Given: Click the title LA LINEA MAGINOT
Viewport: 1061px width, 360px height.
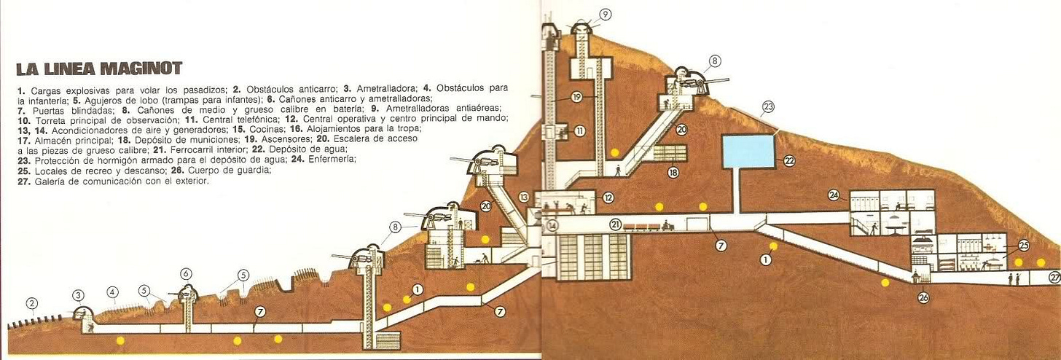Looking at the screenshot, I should click(99, 69).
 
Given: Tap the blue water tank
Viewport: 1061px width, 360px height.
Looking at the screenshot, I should click(748, 151).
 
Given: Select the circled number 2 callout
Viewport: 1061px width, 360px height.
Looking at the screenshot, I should click(31, 303).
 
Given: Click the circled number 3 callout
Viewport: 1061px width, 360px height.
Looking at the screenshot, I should click(78, 295).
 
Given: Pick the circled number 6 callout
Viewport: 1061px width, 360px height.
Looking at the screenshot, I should click(187, 274).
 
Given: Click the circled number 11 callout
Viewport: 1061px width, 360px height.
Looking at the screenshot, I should click(580, 131).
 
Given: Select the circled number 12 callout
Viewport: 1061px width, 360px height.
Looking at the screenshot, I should click(607, 197).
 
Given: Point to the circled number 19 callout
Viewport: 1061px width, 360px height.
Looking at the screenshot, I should click(576, 95).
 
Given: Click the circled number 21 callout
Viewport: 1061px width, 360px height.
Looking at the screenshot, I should click(616, 224).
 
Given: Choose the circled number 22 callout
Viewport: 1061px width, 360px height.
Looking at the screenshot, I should click(788, 161).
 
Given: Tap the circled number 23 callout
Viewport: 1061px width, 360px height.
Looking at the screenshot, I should click(768, 108).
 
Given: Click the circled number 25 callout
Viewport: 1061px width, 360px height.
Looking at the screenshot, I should click(1023, 246).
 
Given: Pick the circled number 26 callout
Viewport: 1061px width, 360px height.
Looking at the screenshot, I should click(923, 297).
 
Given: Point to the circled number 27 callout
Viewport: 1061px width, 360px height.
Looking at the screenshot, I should click(1054, 277).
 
